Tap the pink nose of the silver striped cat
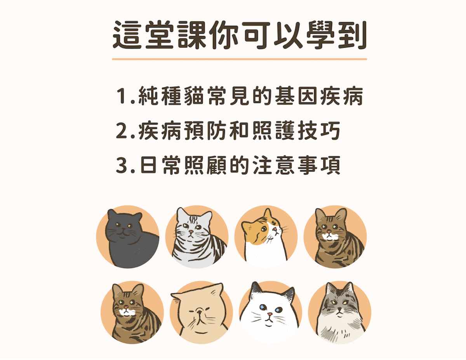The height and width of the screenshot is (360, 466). pyautogui.click(x=191, y=232)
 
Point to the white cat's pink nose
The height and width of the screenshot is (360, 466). pyautogui.click(x=270, y=314)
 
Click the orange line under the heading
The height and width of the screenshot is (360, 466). pyautogui.click(x=240, y=59)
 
